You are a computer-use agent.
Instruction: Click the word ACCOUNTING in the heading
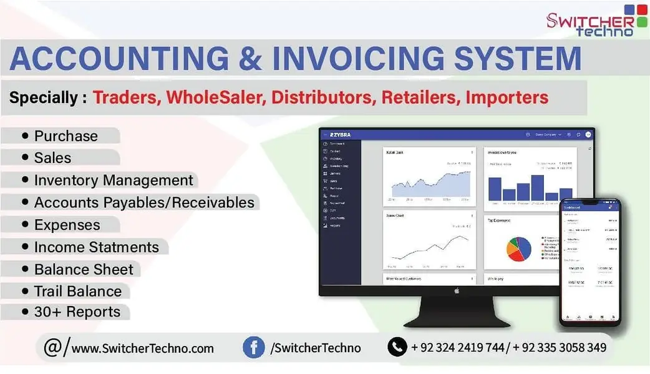(119, 59)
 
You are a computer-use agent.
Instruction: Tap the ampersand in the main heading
(251, 59)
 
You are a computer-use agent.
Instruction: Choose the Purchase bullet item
(65, 136)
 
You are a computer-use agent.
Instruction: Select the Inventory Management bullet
(113, 180)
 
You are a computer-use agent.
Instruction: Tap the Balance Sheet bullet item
(84, 269)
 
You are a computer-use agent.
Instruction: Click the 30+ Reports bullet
(76, 312)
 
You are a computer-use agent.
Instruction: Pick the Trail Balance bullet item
(77, 291)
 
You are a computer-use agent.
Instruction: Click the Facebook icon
(253, 347)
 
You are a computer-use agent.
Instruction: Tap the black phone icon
(397, 347)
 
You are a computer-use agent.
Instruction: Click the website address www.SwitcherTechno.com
(142, 348)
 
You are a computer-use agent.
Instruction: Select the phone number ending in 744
(457, 347)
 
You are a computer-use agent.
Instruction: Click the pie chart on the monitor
(518, 248)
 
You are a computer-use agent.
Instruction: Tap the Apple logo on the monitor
(456, 290)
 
